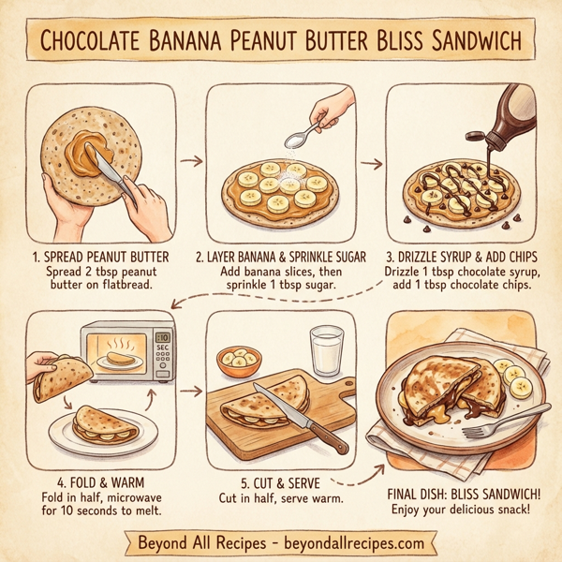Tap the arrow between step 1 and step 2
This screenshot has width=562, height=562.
[x=191, y=161]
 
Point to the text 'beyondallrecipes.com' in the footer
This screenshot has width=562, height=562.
[x=356, y=542]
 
